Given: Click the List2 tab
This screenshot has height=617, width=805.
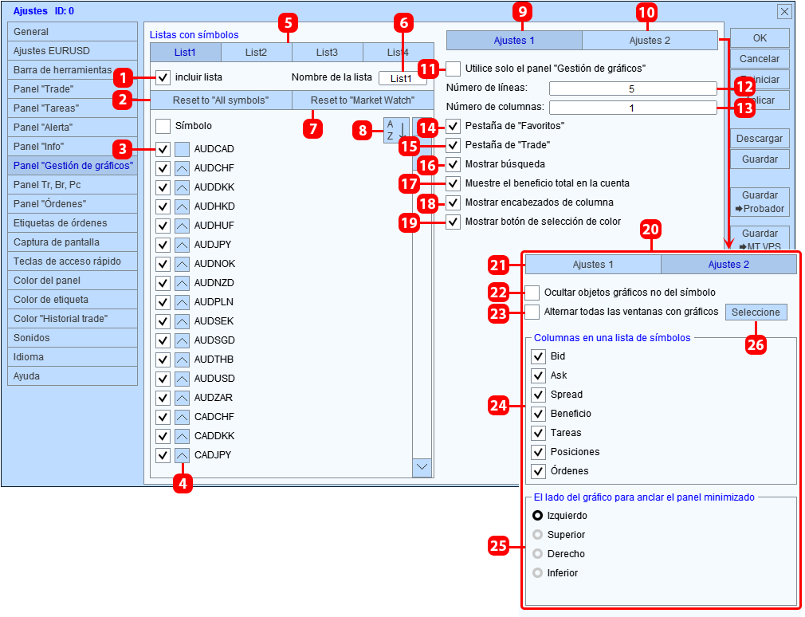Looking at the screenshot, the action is click(x=256, y=53).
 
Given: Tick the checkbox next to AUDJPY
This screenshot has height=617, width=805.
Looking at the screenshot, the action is click(x=163, y=245).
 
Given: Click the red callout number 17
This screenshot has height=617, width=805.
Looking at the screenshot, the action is click(x=409, y=183).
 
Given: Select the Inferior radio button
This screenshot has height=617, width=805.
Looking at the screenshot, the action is click(x=537, y=573).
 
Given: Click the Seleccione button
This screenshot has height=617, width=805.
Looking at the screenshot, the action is click(x=756, y=312).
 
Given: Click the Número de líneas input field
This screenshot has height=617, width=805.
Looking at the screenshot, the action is click(x=633, y=88).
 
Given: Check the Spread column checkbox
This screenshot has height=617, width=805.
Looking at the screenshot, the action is click(x=538, y=395).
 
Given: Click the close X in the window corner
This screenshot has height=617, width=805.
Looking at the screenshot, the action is click(x=784, y=11).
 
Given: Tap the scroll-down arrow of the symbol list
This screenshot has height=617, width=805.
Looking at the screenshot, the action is click(x=422, y=467).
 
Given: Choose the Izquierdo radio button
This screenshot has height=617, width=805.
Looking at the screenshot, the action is click(x=537, y=516).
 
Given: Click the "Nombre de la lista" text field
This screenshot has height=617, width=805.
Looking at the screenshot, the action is click(x=402, y=78).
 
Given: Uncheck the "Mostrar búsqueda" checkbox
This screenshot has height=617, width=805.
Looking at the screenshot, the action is click(x=453, y=164).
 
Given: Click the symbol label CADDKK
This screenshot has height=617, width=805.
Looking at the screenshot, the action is click(x=214, y=436).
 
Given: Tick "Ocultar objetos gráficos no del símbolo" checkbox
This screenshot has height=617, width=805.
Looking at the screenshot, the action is click(x=532, y=293).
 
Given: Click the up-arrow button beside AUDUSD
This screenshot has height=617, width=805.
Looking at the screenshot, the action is click(x=182, y=379).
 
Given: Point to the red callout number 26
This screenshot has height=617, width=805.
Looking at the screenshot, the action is click(x=756, y=344).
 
